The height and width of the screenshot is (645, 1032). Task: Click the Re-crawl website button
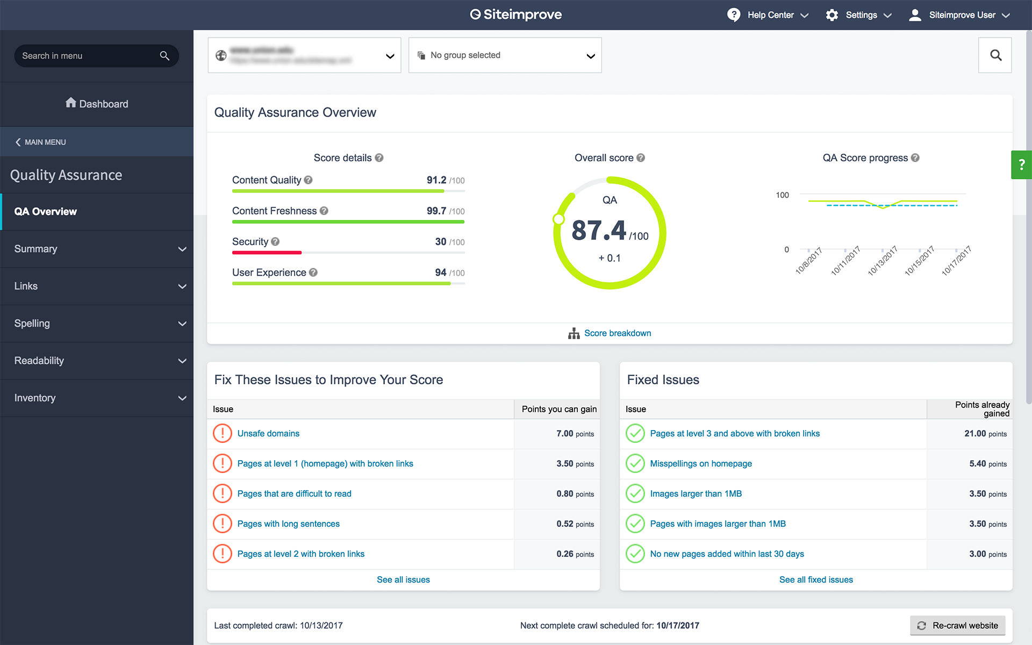coord(957,625)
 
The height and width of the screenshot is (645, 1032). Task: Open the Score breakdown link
coord(617,333)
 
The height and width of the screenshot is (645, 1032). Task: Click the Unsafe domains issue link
coord(268,433)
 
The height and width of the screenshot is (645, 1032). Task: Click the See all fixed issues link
coord(815,579)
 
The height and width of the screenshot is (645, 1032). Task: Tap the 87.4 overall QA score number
coord(599,231)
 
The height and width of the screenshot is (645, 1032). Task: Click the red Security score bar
coord(267,253)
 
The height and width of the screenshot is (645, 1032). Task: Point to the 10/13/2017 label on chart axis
coord(883,261)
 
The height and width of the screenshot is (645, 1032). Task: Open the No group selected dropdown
coord(505,55)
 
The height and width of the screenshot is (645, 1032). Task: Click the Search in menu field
coord(89,56)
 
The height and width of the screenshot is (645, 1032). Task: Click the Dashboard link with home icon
coord(97,104)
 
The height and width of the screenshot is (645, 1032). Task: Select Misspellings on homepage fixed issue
coord(700,463)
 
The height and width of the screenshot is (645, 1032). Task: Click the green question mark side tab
coord(1021,164)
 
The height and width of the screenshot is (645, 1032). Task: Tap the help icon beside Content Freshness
coord(324,211)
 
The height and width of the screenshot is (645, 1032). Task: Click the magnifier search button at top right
coord(995,55)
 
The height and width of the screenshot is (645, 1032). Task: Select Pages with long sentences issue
coord(288,524)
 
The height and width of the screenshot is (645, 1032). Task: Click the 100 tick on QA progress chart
coord(782,195)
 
